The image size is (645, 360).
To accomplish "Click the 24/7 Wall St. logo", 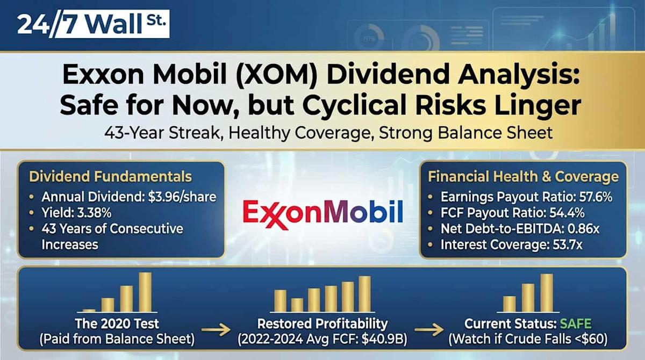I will (93, 25).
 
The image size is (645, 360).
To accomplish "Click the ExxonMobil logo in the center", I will (322, 212).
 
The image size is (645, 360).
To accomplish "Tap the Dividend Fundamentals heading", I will (110, 177).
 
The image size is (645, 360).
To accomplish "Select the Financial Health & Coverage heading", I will (523, 177).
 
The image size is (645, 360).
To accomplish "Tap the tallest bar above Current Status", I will (547, 293).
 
